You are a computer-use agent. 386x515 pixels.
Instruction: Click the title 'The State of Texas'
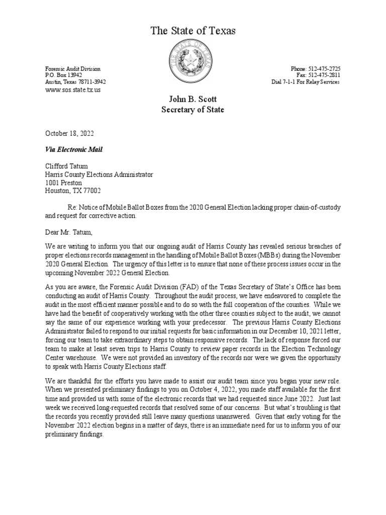[x=193, y=31]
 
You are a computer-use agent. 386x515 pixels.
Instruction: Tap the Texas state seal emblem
[x=190, y=62]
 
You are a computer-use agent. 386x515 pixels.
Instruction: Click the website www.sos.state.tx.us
[x=73, y=90]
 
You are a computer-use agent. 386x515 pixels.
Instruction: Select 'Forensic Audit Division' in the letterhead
[x=73, y=68]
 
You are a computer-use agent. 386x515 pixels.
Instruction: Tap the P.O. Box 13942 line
[x=64, y=75]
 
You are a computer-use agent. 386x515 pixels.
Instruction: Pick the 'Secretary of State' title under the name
[x=192, y=110]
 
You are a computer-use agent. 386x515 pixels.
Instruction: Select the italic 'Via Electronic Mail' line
[x=73, y=149]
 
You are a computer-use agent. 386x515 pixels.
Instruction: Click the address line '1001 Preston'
[x=63, y=183]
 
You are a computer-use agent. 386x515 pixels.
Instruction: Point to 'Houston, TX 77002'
[x=73, y=191]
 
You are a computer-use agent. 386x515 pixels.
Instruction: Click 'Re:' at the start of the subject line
[x=73, y=208]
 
